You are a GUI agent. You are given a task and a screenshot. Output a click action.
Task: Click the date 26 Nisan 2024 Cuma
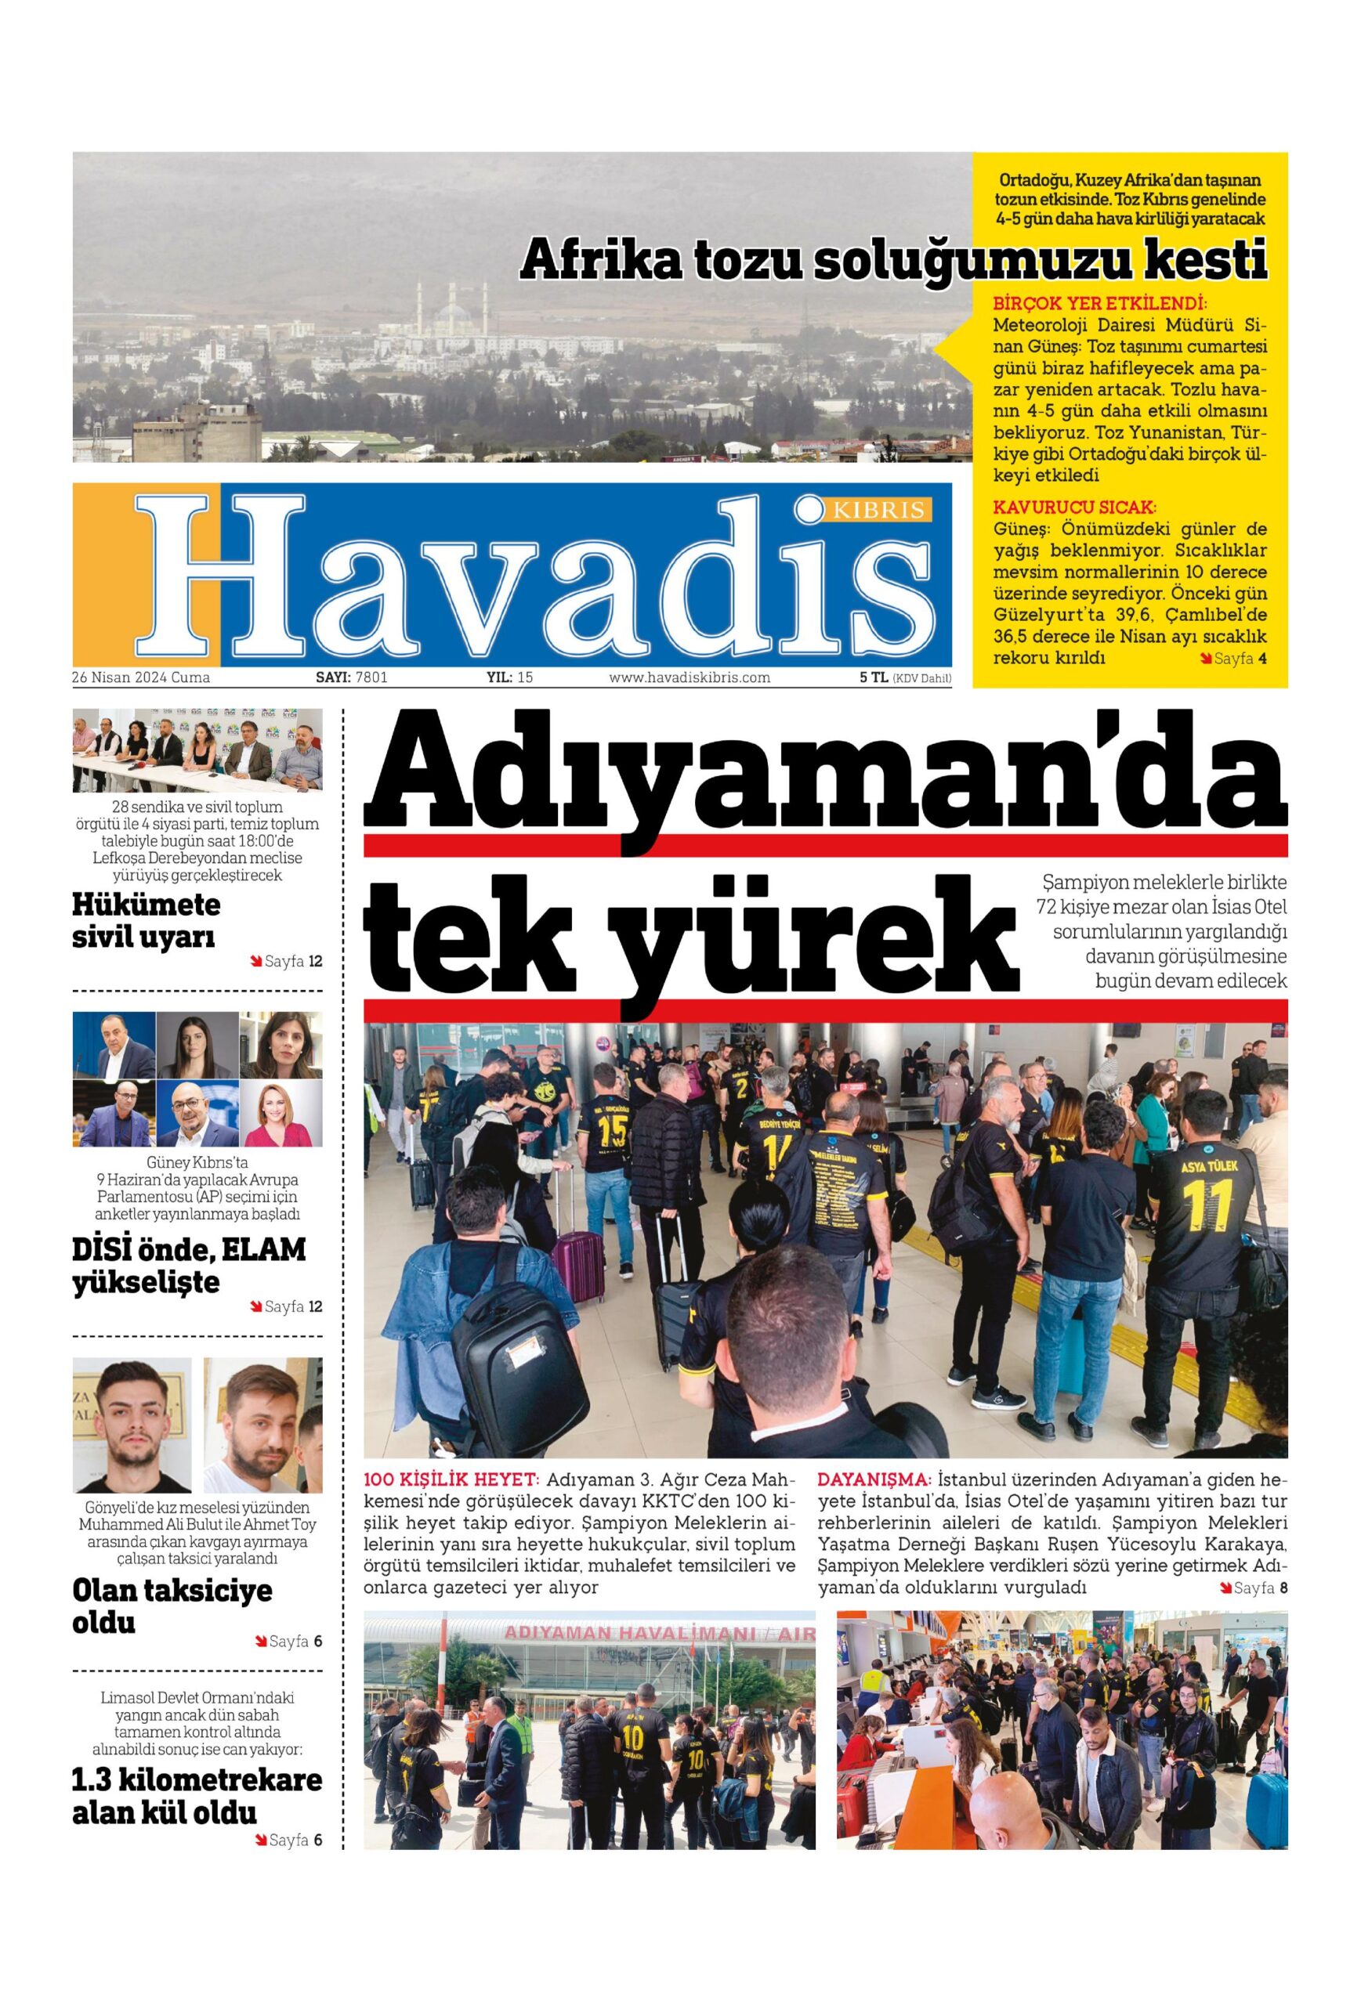click(141, 678)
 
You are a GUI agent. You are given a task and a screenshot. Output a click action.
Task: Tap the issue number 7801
click(371, 678)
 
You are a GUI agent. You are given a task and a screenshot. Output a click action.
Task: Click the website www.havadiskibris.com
click(690, 678)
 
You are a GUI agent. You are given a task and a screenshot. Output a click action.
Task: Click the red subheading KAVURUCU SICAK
click(1074, 508)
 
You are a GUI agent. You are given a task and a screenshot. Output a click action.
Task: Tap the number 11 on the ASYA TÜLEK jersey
click(1210, 1205)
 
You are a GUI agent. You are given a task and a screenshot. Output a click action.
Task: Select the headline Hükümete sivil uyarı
click(146, 920)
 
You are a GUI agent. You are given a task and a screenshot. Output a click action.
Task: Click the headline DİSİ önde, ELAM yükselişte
click(188, 1266)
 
